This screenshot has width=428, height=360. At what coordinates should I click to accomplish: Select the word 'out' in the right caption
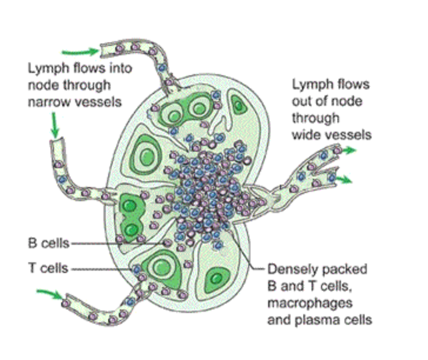[x=302, y=101]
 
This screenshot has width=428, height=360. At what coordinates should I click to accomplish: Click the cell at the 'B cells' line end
[x=167, y=242]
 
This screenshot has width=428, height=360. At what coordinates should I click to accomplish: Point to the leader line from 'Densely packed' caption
[x=250, y=253]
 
